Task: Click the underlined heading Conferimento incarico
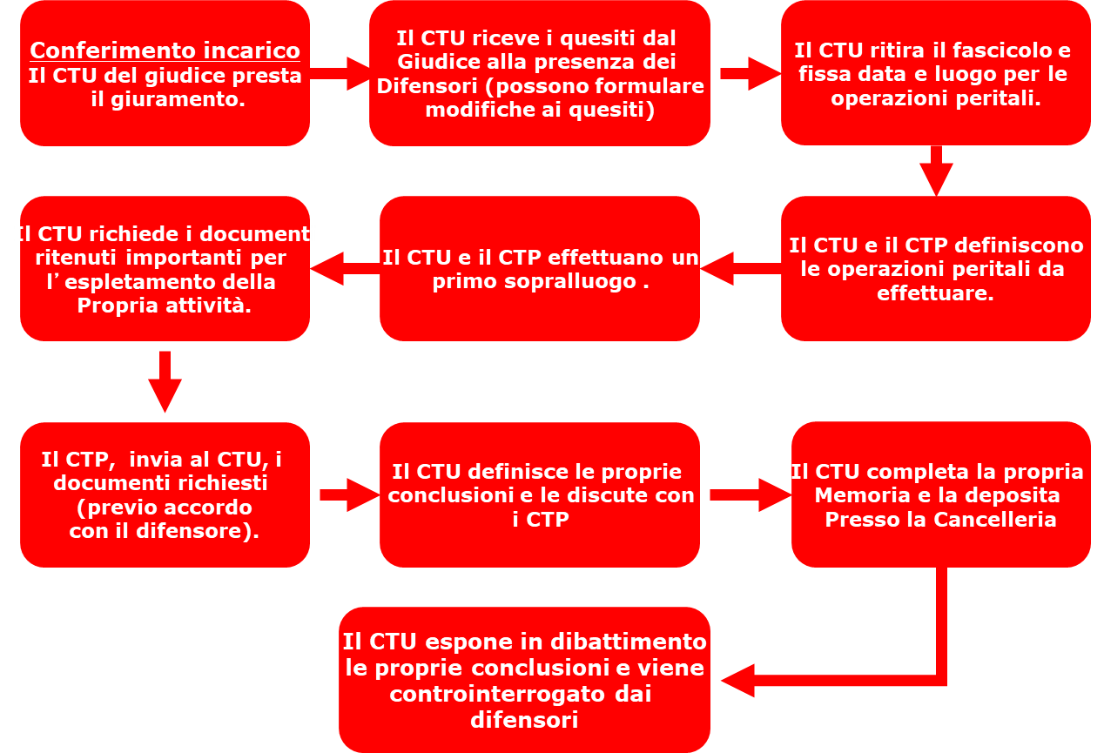point(165,50)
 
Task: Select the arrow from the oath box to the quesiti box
point(340,73)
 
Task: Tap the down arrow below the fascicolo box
point(936,171)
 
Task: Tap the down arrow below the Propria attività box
point(165,382)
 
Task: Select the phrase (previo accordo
point(165,508)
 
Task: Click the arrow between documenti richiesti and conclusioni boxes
point(345,494)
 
